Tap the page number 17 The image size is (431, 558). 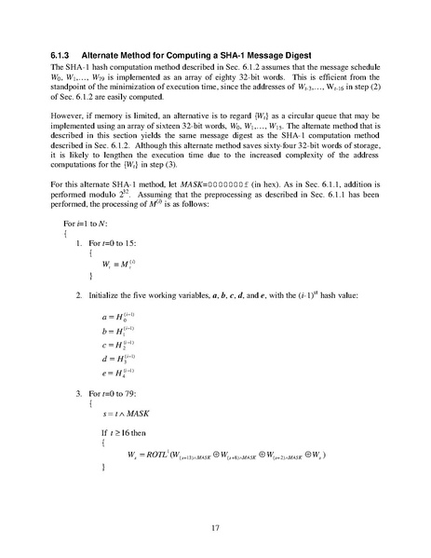[x=214, y=528]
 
